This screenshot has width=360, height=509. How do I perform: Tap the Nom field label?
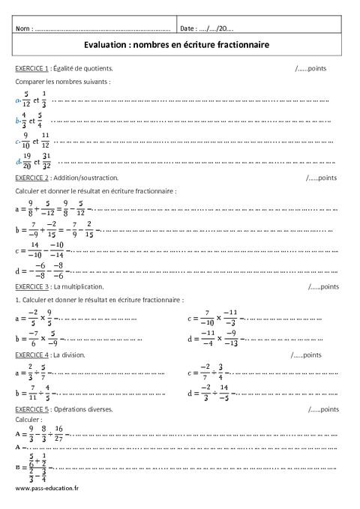coord(24,28)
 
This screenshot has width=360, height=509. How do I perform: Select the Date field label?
coord(189,28)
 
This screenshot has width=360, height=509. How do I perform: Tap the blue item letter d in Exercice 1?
coord(16,160)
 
